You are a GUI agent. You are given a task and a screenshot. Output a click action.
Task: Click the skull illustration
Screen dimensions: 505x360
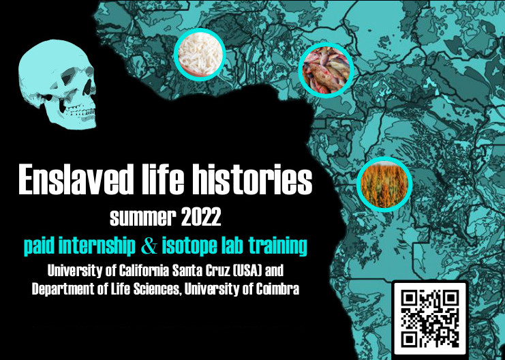pos(58,85)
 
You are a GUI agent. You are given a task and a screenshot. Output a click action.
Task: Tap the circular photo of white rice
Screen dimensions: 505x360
pos(200,55)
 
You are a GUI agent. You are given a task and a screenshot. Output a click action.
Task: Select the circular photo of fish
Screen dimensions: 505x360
pos(326,70)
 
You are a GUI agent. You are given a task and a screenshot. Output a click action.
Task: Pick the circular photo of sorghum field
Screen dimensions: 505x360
pos(384,184)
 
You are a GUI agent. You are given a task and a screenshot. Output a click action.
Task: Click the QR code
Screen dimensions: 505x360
pos(429,318)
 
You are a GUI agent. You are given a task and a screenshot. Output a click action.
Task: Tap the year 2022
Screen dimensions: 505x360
pos(200,217)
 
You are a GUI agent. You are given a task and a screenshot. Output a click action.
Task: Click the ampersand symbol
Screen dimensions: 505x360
pos(149,247)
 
